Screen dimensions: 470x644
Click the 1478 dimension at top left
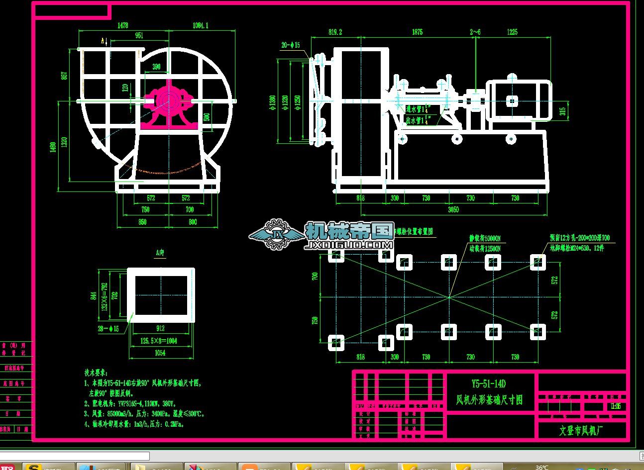[x=122, y=25]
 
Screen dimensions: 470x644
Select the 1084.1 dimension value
[x=200, y=25]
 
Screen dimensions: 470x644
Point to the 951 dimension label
[x=139, y=35]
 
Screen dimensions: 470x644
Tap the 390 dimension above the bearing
[x=156, y=67]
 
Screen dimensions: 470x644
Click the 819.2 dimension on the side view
[x=335, y=32]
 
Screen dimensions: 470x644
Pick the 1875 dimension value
[x=417, y=32]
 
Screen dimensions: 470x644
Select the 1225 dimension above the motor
[x=512, y=32]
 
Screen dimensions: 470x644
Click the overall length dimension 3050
[x=453, y=210]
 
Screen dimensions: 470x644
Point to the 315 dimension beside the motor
[x=562, y=110]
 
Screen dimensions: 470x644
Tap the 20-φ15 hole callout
[x=291, y=45]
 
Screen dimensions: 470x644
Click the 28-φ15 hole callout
[x=108, y=329]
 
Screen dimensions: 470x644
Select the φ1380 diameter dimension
[x=272, y=101]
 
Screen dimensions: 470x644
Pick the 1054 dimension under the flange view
[x=160, y=353]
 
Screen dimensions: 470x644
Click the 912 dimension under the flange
[x=160, y=328]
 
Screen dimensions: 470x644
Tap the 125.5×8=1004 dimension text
[x=158, y=341]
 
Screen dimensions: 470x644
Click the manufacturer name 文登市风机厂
[x=581, y=430]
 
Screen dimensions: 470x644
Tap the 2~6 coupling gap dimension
[x=475, y=32]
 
